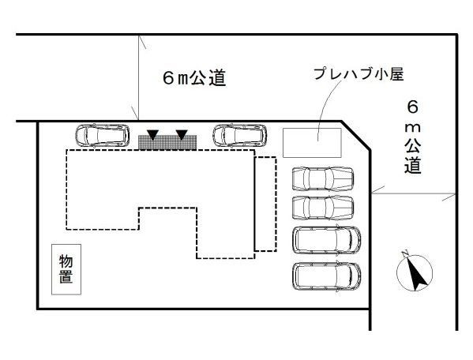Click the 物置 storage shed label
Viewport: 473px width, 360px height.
click(x=66, y=269)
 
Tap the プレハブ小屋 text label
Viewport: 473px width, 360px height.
click(x=359, y=74)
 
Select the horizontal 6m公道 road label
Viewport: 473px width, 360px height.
click(x=194, y=78)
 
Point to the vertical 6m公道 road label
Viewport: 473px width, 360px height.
click(x=413, y=137)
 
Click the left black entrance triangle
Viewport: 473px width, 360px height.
click(x=153, y=134)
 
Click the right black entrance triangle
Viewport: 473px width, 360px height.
click(x=182, y=134)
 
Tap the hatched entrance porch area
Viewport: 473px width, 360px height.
click(x=167, y=142)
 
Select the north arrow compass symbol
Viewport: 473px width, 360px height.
click(x=414, y=272)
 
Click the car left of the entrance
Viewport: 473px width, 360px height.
click(x=103, y=135)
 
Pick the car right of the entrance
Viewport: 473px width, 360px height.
click(x=240, y=135)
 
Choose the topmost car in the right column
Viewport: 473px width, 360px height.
click(x=323, y=178)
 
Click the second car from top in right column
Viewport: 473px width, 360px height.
click(x=323, y=208)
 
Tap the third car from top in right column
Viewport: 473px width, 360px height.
click(x=327, y=240)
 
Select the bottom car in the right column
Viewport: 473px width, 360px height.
click(x=327, y=276)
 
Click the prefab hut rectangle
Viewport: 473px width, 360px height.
click(x=312, y=143)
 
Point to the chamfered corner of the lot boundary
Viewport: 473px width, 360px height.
click(x=355, y=135)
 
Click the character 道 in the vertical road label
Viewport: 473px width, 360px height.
click(x=413, y=166)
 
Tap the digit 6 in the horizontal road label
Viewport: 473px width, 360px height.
click(x=168, y=78)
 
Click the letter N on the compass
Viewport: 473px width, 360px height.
click(x=405, y=253)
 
